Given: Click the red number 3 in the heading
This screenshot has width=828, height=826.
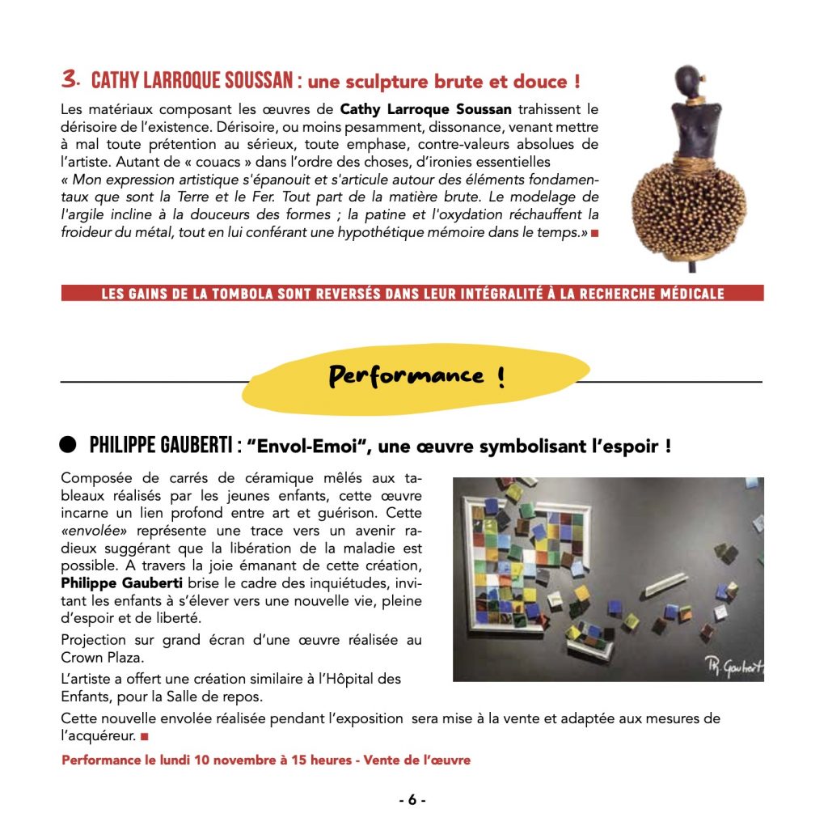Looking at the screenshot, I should (70, 79).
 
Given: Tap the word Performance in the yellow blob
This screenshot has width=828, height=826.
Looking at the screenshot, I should (405, 375).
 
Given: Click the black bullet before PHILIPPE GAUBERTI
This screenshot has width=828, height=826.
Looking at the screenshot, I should (69, 444).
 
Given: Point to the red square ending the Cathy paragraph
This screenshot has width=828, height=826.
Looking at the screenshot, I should (594, 233).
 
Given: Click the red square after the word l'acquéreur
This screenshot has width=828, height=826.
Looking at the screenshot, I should (145, 737).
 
